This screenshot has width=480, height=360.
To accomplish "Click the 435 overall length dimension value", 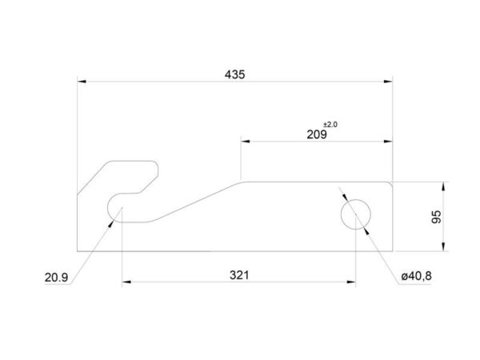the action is (x=234, y=74).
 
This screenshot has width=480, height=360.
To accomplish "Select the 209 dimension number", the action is (x=317, y=134).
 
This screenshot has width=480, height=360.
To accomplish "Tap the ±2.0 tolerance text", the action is (x=330, y=125).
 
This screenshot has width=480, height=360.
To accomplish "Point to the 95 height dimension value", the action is (x=437, y=217).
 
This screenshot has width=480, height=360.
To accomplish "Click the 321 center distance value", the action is (x=239, y=275).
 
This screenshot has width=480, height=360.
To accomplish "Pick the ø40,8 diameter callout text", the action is (x=416, y=276).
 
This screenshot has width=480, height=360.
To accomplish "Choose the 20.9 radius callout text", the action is (x=56, y=278).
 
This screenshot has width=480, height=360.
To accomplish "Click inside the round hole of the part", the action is (x=356, y=214).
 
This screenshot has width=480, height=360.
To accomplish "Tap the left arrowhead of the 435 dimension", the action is (x=82, y=82).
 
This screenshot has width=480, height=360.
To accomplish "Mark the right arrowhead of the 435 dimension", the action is (x=388, y=82).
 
